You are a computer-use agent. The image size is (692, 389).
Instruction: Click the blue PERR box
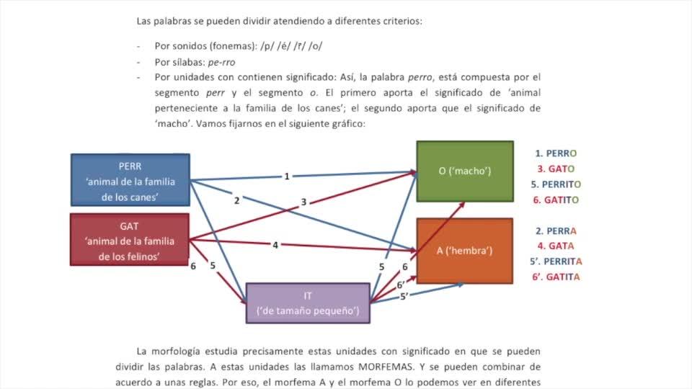(130, 180)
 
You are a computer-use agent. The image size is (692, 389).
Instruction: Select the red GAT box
(130, 240)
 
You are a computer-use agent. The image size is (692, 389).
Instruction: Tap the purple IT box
(308, 303)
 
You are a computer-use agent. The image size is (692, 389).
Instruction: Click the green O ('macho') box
(465, 171)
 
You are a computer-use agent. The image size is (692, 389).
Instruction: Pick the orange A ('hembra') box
(465, 251)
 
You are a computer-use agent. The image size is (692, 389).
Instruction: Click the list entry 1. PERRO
(556, 153)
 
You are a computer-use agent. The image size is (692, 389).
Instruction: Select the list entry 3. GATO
(556, 169)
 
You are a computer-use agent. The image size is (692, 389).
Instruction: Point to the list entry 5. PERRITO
(556, 184)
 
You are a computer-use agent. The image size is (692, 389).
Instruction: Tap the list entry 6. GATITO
(556, 200)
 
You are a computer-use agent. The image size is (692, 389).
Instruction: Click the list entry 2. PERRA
(556, 231)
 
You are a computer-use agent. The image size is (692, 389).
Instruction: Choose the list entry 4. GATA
(556, 246)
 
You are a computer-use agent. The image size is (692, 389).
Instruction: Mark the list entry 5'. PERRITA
(555, 261)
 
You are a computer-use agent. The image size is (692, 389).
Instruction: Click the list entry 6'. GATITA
(555, 277)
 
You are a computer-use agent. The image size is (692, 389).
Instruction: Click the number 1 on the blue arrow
(287, 176)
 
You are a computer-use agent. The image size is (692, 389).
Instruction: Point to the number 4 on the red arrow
(275, 245)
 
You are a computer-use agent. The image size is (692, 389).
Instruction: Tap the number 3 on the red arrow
(303, 202)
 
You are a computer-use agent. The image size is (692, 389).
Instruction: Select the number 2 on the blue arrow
(236, 200)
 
